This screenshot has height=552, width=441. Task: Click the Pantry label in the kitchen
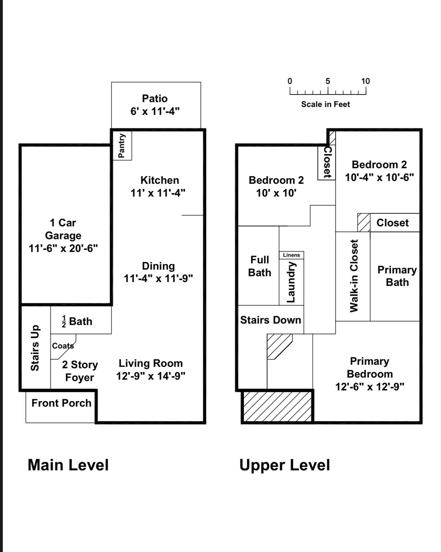pos(121,146)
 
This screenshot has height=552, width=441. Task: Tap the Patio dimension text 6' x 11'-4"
pos(155,111)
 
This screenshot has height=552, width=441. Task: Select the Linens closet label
pos(291,255)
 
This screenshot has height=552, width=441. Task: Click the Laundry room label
pos(291,282)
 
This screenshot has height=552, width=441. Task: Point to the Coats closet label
pos(63,346)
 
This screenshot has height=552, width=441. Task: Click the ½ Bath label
pos(77,321)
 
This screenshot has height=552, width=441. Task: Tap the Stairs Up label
pos(35,348)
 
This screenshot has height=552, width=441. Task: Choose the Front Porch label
pos(61,403)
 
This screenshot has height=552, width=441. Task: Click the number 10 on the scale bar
pos(366,81)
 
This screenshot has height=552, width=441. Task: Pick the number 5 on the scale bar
pos(328,81)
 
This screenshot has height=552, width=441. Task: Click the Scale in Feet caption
pos(326,104)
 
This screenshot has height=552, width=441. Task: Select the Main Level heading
pos(68,465)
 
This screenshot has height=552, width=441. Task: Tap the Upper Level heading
pos(285,465)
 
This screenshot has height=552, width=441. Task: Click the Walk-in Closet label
pos(354,276)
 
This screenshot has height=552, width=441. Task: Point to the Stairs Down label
pos(271,320)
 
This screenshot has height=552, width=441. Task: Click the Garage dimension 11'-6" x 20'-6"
pos(63,249)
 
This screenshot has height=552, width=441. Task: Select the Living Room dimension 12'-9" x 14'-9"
pos(151,376)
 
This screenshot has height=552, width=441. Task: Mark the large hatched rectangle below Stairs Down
pos(277,406)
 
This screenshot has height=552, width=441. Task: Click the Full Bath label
pos(259,266)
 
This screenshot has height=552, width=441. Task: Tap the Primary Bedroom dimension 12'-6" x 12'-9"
pos(370,387)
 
